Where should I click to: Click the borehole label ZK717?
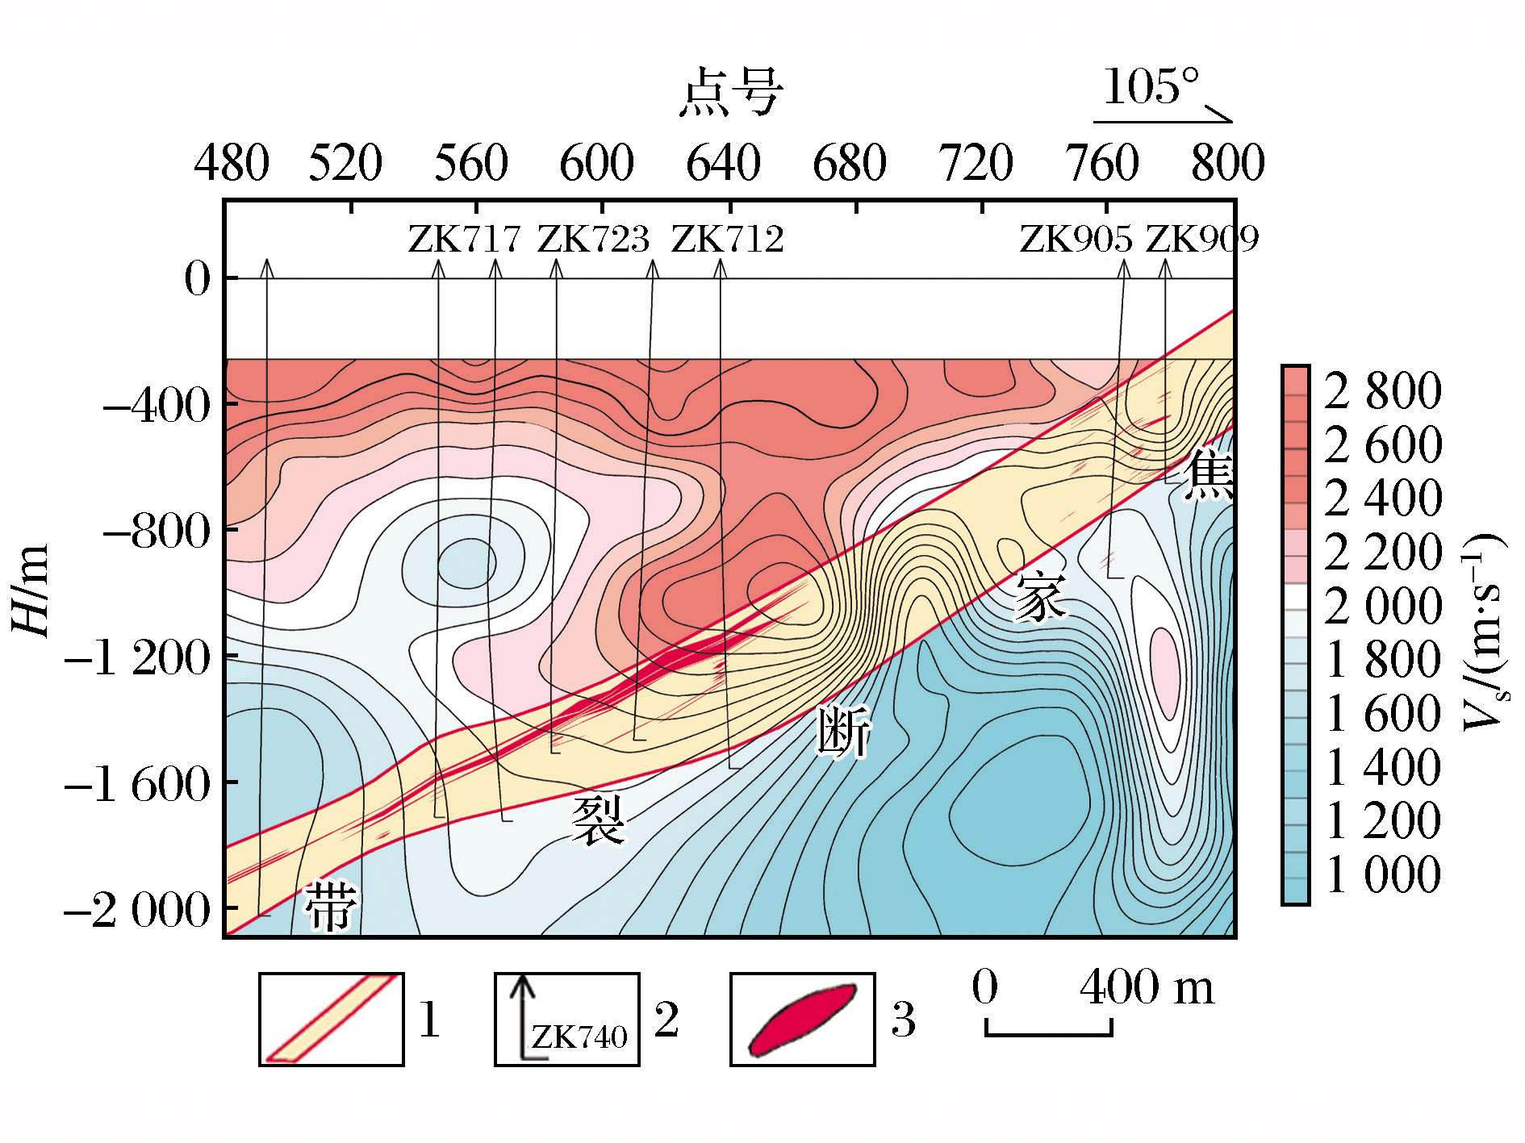click(x=464, y=240)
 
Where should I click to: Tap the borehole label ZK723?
click(x=593, y=240)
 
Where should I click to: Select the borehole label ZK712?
click(x=727, y=240)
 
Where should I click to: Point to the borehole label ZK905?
click(x=1076, y=240)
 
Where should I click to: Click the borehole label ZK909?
click(x=1202, y=240)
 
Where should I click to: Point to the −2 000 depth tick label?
click(x=137, y=911)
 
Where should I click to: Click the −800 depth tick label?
click(x=157, y=532)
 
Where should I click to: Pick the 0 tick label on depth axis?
click(x=197, y=279)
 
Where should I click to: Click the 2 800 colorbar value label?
click(x=1382, y=391)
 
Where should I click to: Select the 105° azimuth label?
click(x=1151, y=87)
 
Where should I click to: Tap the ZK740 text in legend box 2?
click(x=579, y=1037)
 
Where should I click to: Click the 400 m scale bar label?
click(x=1146, y=987)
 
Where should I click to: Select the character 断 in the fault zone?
click(x=844, y=731)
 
